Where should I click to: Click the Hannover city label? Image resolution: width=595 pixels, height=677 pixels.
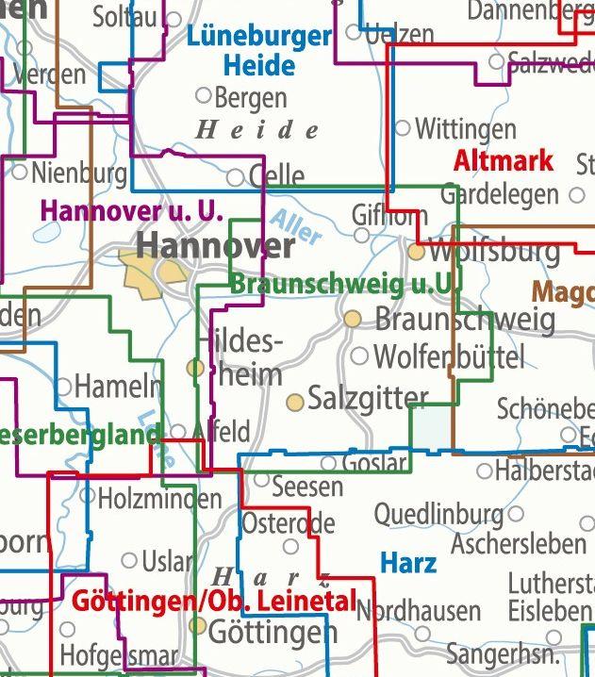coord(215,246)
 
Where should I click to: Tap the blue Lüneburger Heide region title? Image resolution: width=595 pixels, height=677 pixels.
coord(259,51)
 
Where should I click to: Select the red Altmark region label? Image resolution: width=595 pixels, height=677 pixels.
coord(503,160)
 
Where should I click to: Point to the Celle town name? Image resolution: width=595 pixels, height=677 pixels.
coord(277,175)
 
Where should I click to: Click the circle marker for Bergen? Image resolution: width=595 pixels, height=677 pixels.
coord(202,95)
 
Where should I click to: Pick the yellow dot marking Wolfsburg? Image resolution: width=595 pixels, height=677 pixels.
coord(416,252)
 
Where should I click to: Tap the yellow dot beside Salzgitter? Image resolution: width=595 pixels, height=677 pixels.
coord(295,403)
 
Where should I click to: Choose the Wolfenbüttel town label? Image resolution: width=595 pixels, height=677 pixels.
coord(449,357)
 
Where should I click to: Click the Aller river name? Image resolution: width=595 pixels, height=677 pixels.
coord(296,227)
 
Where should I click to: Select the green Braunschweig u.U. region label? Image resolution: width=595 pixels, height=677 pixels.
coord(344,283)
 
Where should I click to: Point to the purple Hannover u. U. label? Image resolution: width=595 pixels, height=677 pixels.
coord(131,211)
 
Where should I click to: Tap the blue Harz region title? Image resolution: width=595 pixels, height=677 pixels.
coord(408,563)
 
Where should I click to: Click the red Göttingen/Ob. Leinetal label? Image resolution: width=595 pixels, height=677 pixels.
coord(214,601)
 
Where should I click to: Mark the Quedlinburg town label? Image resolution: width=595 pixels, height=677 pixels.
coord(438,515)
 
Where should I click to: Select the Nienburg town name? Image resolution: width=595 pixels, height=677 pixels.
coord(79,173)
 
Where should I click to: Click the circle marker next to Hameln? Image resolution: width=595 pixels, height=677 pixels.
coord(63,385)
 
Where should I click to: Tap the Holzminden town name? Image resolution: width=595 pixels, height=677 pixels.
coord(159,498)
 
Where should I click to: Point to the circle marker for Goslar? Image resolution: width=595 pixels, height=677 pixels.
coord(328,463)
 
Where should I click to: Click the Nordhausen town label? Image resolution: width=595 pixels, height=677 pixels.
coord(419,611)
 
